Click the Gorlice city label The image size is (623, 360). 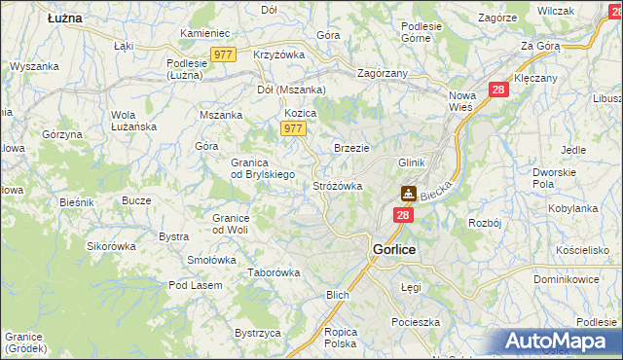click(x=394, y=250)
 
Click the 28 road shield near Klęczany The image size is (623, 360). click(x=498, y=90)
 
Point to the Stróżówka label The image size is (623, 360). click(x=338, y=185)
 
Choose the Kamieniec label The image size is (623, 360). click(x=203, y=33)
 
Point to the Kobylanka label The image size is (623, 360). click(x=572, y=208)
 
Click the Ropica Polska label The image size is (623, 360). click(x=341, y=337)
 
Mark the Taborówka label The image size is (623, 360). click(x=272, y=273)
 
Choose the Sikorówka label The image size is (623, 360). click(x=111, y=246)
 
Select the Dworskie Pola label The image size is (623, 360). click(x=556, y=177)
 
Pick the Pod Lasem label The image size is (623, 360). click(x=195, y=285)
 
